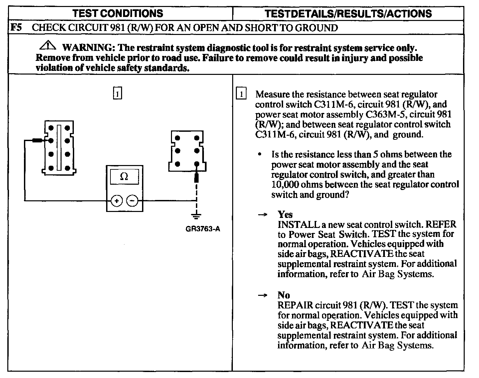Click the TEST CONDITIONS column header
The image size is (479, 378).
point(118,13)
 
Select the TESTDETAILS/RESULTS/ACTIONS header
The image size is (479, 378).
point(348,13)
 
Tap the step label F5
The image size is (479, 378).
point(16,27)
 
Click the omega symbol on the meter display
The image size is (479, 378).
point(124,176)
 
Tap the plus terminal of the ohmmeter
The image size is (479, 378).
point(116,201)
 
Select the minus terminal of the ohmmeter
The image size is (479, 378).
point(132,201)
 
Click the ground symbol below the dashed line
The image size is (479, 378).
point(197,216)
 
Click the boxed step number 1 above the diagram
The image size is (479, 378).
point(117,93)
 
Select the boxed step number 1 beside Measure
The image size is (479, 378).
point(241,94)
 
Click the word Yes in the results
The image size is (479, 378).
point(285,214)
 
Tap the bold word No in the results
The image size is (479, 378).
point(284,295)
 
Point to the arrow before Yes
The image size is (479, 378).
point(263,215)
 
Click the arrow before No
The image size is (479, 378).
point(263,295)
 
